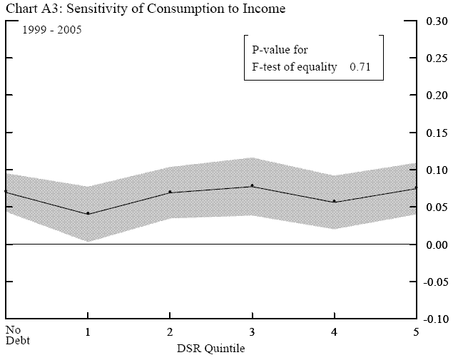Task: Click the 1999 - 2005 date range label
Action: click(51, 33)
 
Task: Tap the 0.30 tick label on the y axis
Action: click(437, 21)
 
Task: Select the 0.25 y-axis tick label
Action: click(437, 58)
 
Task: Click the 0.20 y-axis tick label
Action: click(437, 95)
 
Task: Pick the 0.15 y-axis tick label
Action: click(437, 133)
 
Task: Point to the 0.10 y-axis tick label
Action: click(437, 170)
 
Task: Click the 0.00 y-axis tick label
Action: click(437, 245)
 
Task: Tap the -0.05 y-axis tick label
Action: click(435, 282)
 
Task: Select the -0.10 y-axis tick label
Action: click(435, 319)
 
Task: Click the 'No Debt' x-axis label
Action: click(16, 334)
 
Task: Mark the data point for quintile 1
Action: click(88, 213)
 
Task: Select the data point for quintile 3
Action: click(252, 186)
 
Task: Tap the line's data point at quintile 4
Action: click(335, 201)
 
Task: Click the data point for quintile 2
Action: click(170, 192)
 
